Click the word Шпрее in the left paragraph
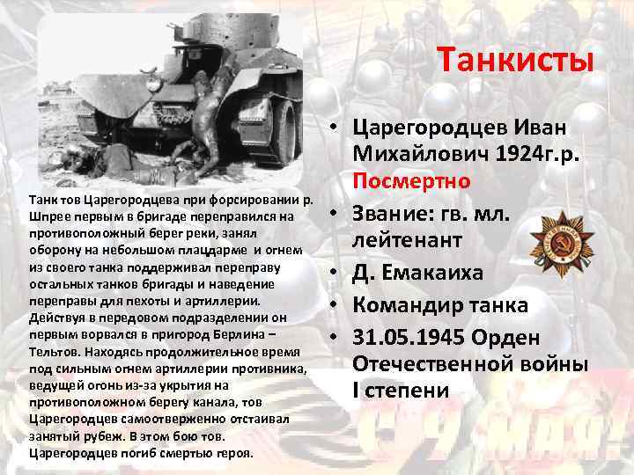point(48,216)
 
